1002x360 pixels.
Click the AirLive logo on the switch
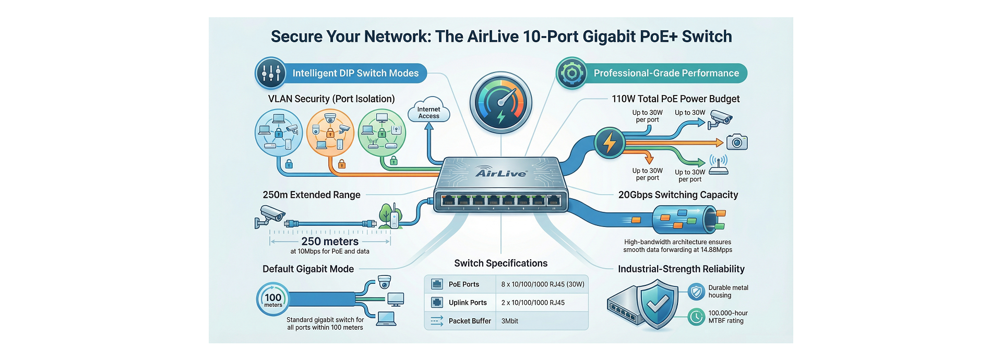pos(501,173)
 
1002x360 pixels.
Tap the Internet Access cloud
pos(428,111)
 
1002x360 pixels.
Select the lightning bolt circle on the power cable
pos(609,142)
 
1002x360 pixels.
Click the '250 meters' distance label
pos(330,242)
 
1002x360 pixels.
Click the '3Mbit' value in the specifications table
pos(510,321)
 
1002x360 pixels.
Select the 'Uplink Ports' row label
pos(468,303)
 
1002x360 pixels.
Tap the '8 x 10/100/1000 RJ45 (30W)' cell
pos(543,284)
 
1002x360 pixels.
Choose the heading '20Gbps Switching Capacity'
pos(678,195)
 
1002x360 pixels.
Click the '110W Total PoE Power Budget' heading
pos(675,99)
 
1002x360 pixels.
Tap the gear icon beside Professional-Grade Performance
pos(571,73)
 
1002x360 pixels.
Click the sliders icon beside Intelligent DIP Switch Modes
pos(271,73)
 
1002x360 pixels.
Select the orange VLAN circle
pos(330,133)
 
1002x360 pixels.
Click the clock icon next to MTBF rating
pos(696,317)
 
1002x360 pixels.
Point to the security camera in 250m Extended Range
pos(270,214)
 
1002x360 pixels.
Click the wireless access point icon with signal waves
pos(718,165)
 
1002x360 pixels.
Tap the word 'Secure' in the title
pos(296,37)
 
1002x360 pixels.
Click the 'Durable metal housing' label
pos(728,291)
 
